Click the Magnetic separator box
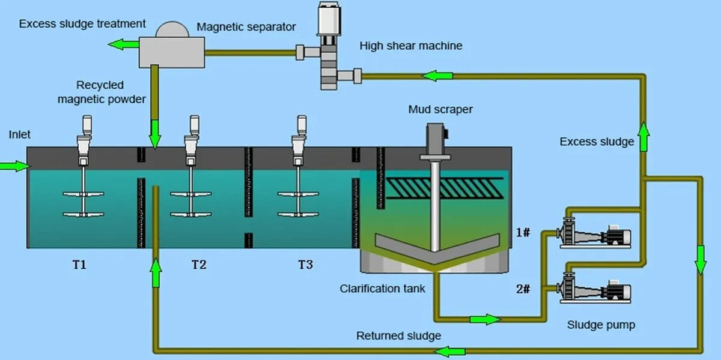pos(171,50)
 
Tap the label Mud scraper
pos(440,109)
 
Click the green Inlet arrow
pos(14,165)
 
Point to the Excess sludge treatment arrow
pos(123,44)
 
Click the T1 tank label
pos(79,265)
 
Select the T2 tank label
pos(199,265)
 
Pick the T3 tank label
pos(305,265)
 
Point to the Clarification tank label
pos(382,289)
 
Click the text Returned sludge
pos(398,335)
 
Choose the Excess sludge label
pos(597,142)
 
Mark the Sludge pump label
pos(601,325)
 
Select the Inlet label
pos(19,134)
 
